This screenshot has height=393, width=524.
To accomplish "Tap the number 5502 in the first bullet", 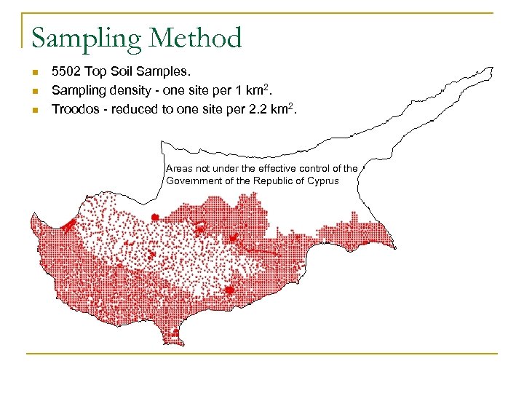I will (66, 72).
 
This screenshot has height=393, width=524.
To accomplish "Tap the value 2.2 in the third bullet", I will (253, 110).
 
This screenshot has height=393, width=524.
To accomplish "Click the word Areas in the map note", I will (179, 168).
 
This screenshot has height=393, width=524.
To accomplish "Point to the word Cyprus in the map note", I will (323, 180).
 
